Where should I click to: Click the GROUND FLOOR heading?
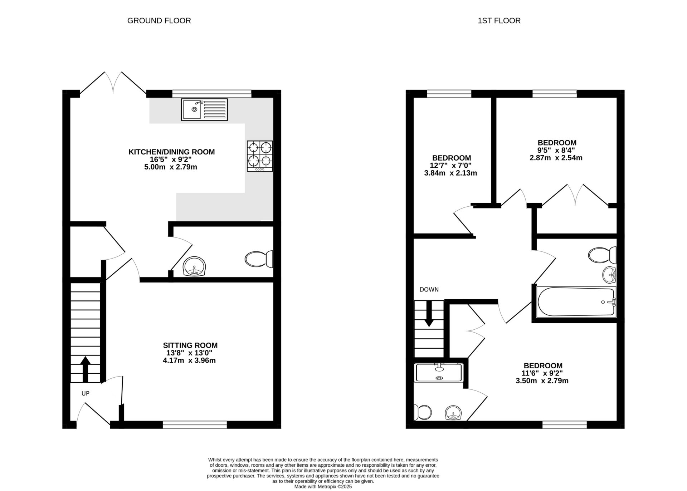click(x=159, y=21)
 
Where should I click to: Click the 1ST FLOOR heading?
click(x=499, y=21)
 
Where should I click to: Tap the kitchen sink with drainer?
click(x=204, y=109)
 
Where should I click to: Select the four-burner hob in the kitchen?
click(x=260, y=156)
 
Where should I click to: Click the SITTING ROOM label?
click(x=190, y=345)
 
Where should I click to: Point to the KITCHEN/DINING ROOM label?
click(x=171, y=152)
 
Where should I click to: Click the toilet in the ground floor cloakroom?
click(x=259, y=259)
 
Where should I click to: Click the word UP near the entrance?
click(x=85, y=393)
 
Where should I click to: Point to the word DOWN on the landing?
click(x=429, y=290)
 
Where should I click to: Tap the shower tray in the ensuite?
click(x=439, y=373)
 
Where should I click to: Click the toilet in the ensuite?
click(x=422, y=412)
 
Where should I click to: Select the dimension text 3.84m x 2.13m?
click(x=450, y=173)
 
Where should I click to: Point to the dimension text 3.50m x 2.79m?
click(x=542, y=381)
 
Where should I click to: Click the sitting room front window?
click(x=195, y=424)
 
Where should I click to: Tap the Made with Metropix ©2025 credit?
click(x=323, y=487)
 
